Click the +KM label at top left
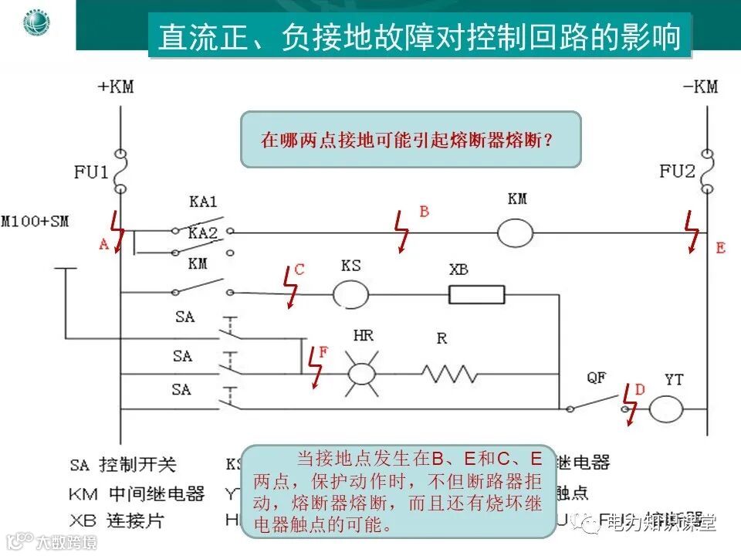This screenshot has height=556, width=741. (116, 86)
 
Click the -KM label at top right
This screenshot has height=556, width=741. (700, 86)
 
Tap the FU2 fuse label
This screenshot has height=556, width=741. (678, 171)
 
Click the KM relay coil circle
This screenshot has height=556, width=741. (516, 232)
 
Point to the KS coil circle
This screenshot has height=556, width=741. (350, 294)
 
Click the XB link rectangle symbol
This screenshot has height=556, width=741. (477, 294)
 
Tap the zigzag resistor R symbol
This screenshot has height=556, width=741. (448, 374)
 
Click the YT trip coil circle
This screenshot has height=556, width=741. (665, 408)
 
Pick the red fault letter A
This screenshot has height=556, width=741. (103, 245)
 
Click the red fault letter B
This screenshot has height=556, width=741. (424, 211)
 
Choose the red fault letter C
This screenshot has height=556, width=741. (299, 270)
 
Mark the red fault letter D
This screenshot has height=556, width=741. (639, 391)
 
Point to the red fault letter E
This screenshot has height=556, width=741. (720, 248)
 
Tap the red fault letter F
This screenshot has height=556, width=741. (323, 352)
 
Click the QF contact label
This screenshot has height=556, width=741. (596, 378)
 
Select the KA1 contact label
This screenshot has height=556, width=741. (203, 202)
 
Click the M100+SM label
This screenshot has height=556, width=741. (36, 222)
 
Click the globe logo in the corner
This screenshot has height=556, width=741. (36, 22)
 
